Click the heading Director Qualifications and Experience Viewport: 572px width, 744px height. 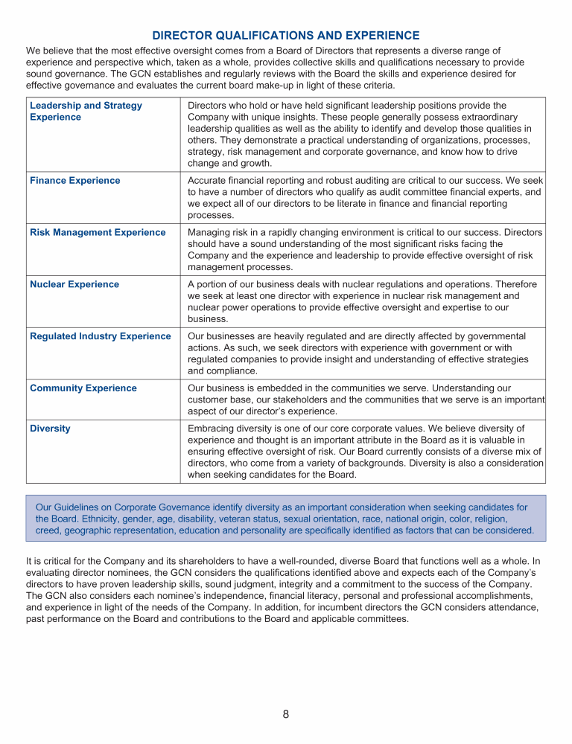point(286,36)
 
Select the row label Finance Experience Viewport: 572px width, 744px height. point(74,180)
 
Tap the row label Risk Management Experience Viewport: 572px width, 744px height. point(98,232)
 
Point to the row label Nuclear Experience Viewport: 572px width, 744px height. point(74,284)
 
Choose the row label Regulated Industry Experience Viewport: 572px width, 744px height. point(101,336)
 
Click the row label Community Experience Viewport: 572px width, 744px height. point(83,388)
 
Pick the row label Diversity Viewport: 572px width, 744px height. point(51,429)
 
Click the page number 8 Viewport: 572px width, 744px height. point(286,715)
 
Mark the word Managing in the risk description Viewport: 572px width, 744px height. point(210,232)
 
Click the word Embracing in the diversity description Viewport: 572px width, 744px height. point(214,429)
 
